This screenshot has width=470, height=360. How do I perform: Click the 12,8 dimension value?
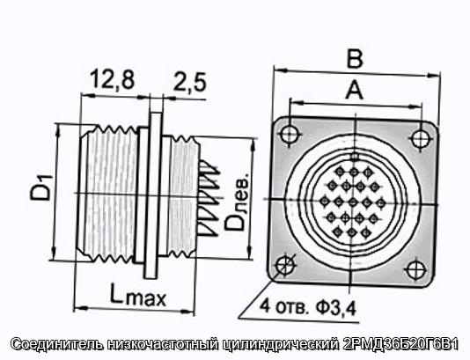tap(113, 79)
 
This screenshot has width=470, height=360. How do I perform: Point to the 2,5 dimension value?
tap(190, 82)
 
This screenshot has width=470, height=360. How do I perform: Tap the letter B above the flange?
tap(355, 58)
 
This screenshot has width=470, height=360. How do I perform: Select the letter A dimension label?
tap(354, 90)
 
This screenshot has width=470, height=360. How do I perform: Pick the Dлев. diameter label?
tap(237, 202)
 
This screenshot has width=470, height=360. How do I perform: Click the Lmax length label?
tap(138, 295)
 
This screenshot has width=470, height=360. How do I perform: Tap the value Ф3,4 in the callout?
tap(335, 307)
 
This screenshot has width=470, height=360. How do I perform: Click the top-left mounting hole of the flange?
tap(290, 133)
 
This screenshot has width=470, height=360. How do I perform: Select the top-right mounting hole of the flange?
tap(421, 138)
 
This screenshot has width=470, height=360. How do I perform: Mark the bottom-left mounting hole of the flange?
tap(285, 265)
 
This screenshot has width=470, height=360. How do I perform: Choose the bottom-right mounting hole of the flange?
tap(415, 269)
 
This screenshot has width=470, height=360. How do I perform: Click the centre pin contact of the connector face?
tap(353, 202)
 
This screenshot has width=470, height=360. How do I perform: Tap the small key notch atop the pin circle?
tap(355, 156)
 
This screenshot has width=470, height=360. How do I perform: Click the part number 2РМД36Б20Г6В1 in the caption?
tap(400, 344)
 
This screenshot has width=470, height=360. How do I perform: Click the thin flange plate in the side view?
tap(153, 195)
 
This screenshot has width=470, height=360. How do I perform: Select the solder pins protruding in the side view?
tap(209, 198)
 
